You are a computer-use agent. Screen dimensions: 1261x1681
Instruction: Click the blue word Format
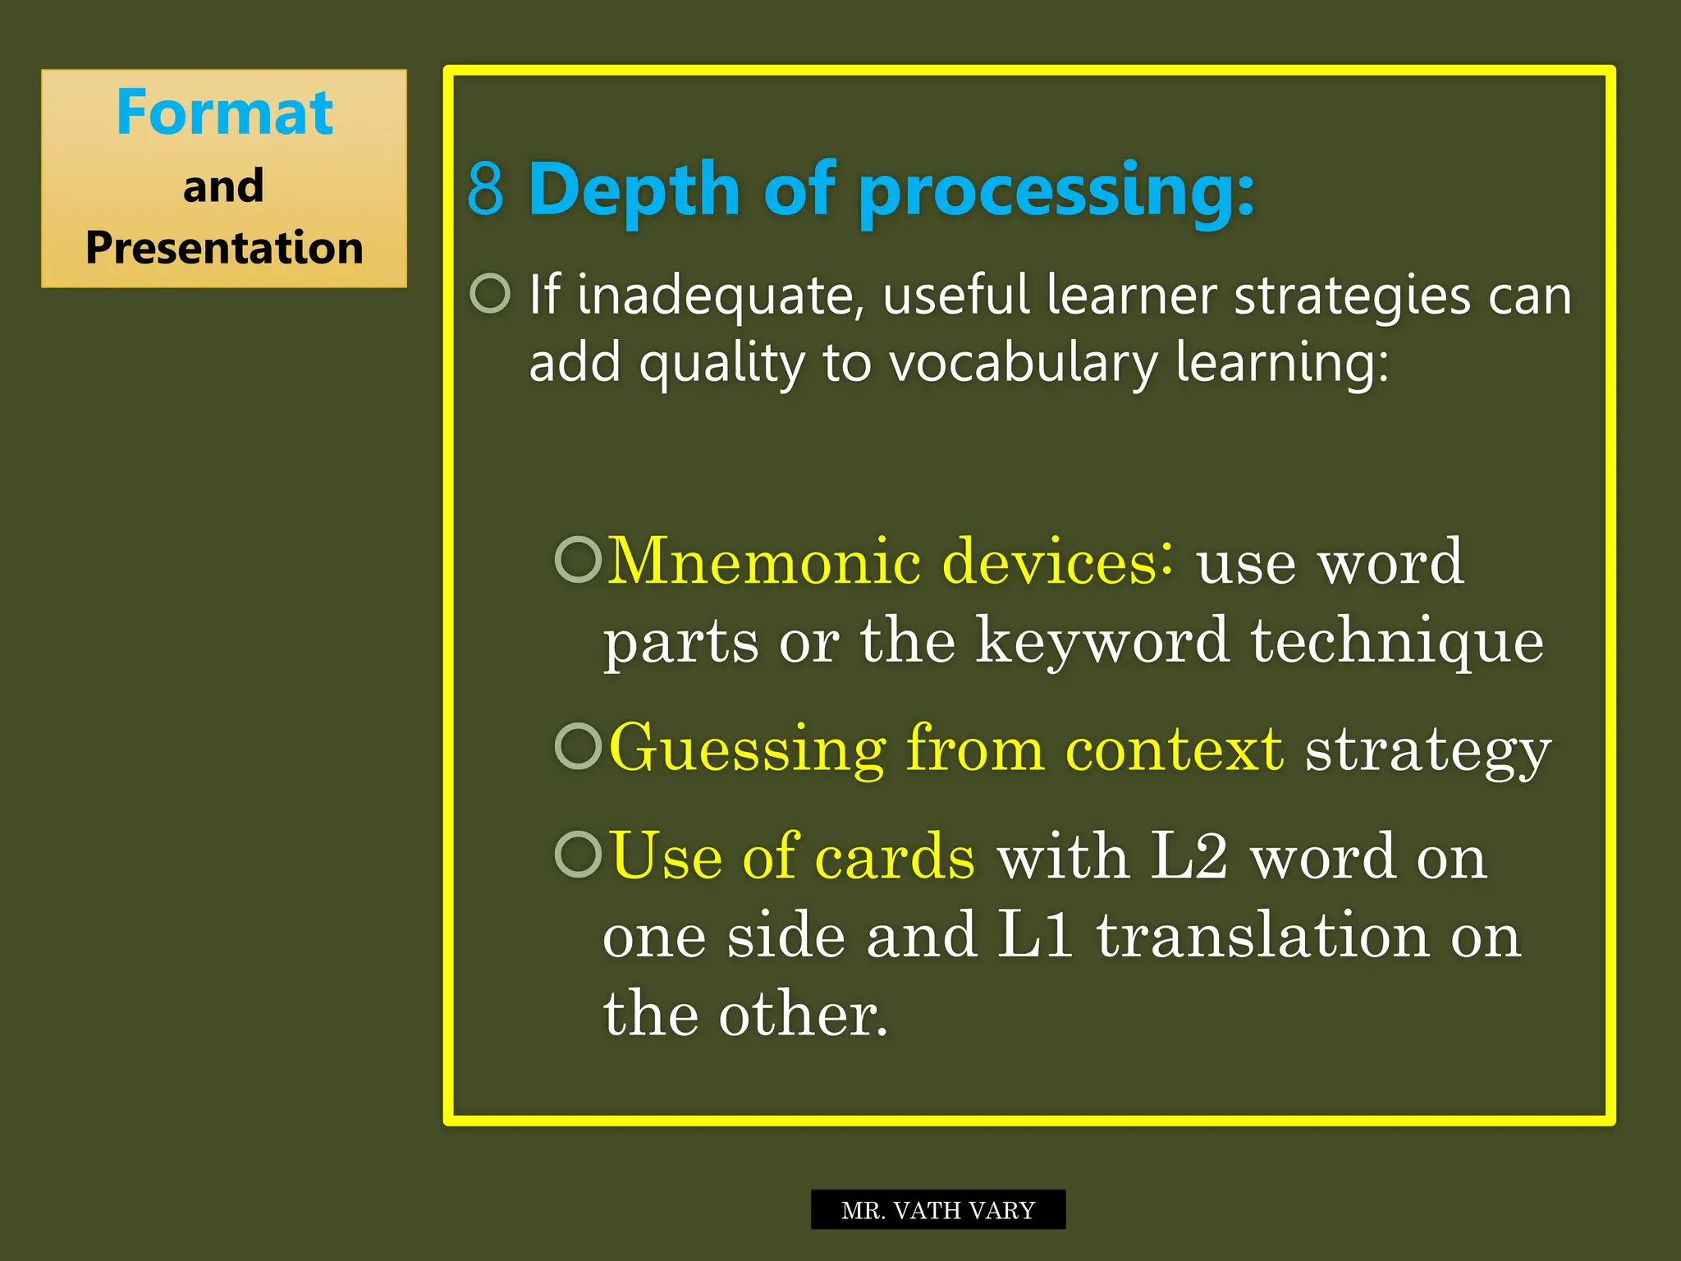(224, 112)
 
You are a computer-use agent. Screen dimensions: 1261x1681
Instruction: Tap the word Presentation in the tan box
(224, 248)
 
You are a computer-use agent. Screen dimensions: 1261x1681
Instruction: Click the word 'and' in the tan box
(223, 186)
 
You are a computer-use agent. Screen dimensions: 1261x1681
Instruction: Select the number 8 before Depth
(485, 190)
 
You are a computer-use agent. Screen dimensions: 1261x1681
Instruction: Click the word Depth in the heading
(634, 190)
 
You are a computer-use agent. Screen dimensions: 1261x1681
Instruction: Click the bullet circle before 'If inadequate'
(491, 293)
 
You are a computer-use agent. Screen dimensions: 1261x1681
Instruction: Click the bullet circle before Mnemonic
(579, 560)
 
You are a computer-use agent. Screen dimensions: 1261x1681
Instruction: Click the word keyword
(1102, 641)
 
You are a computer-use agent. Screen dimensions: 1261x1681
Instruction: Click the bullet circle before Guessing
(579, 746)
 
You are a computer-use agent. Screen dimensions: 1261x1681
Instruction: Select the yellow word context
(1174, 749)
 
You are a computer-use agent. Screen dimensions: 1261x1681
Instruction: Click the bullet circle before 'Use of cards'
(579, 854)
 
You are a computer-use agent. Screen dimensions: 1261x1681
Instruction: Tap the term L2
(1189, 856)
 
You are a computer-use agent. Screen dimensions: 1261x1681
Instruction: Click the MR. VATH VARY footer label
(938, 1210)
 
